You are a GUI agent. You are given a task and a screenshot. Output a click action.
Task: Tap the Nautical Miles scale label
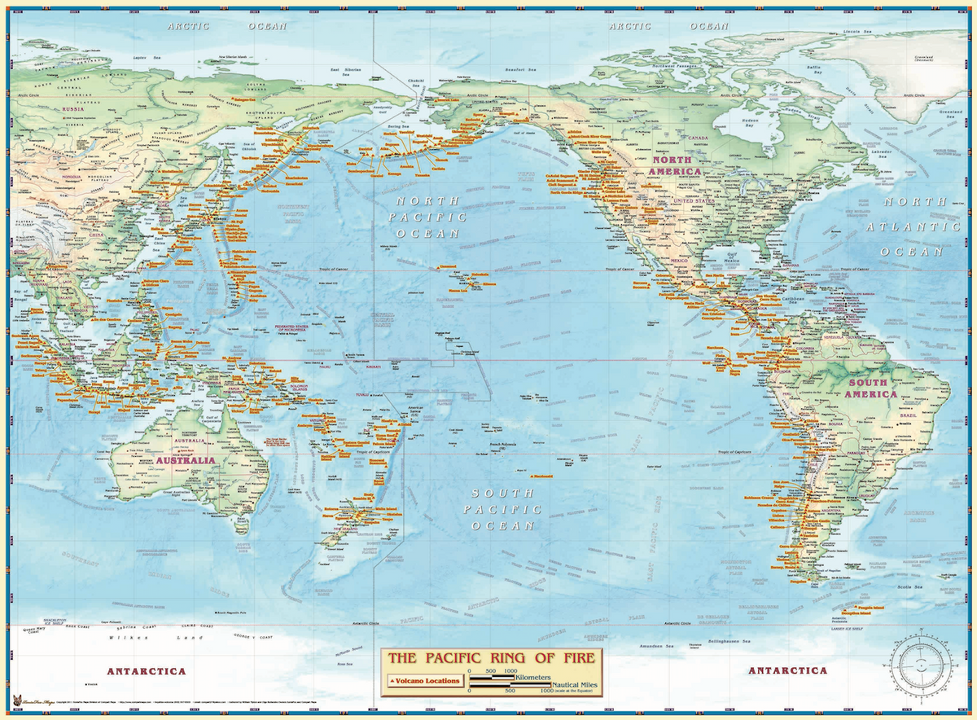coord(575,686)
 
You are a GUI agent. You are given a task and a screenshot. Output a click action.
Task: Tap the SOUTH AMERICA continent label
coord(871,388)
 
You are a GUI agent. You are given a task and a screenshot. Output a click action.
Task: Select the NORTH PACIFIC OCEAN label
coord(427,217)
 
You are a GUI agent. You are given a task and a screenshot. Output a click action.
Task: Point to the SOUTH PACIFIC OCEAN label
coord(502,509)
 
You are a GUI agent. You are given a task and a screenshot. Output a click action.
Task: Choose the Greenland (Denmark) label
coord(924,59)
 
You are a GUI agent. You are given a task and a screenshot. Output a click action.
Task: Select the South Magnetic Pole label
coord(232,611)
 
